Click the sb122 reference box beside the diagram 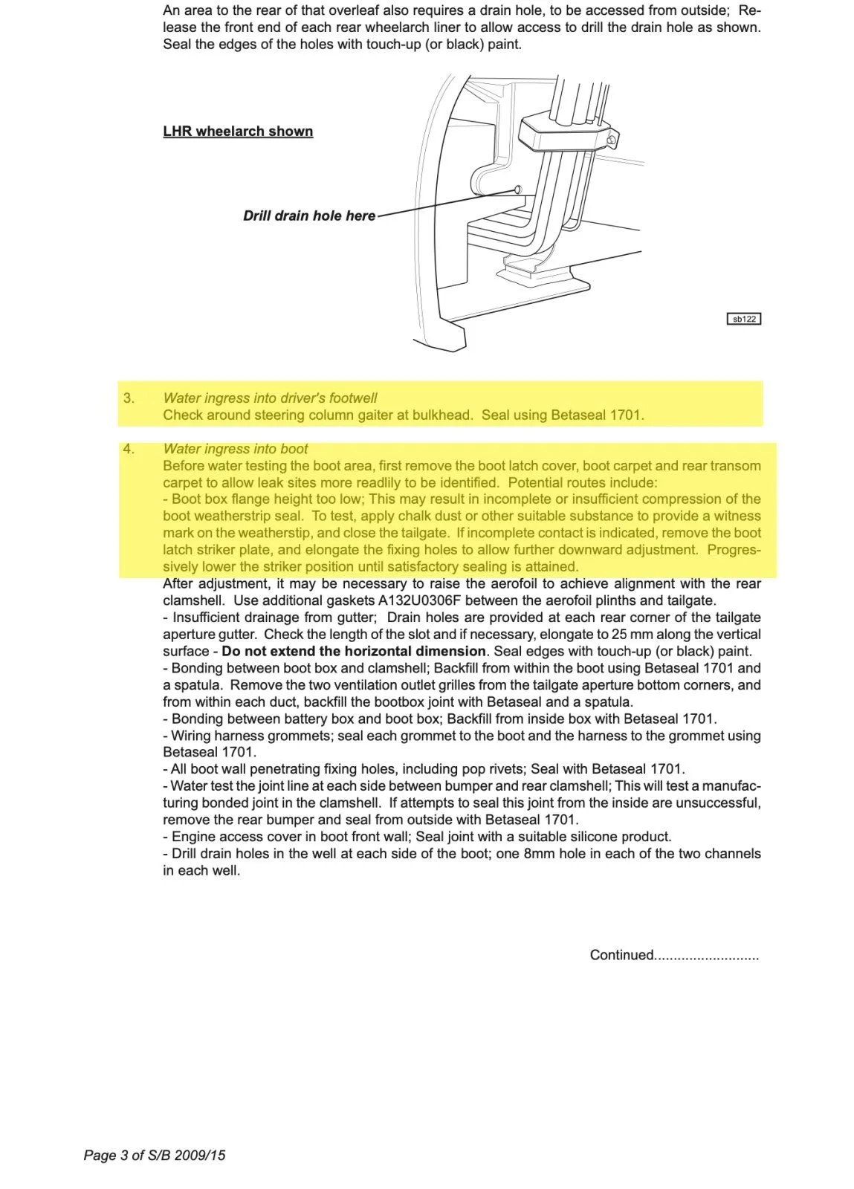743,319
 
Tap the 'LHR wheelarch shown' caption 238,132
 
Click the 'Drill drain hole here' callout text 309,216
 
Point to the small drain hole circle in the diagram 518,189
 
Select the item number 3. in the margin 129,398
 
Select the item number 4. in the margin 129,449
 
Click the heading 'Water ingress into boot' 235,449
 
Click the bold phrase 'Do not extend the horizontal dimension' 353,651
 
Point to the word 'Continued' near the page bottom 622,955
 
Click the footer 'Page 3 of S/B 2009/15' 155,1156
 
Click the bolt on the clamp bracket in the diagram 610,140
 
